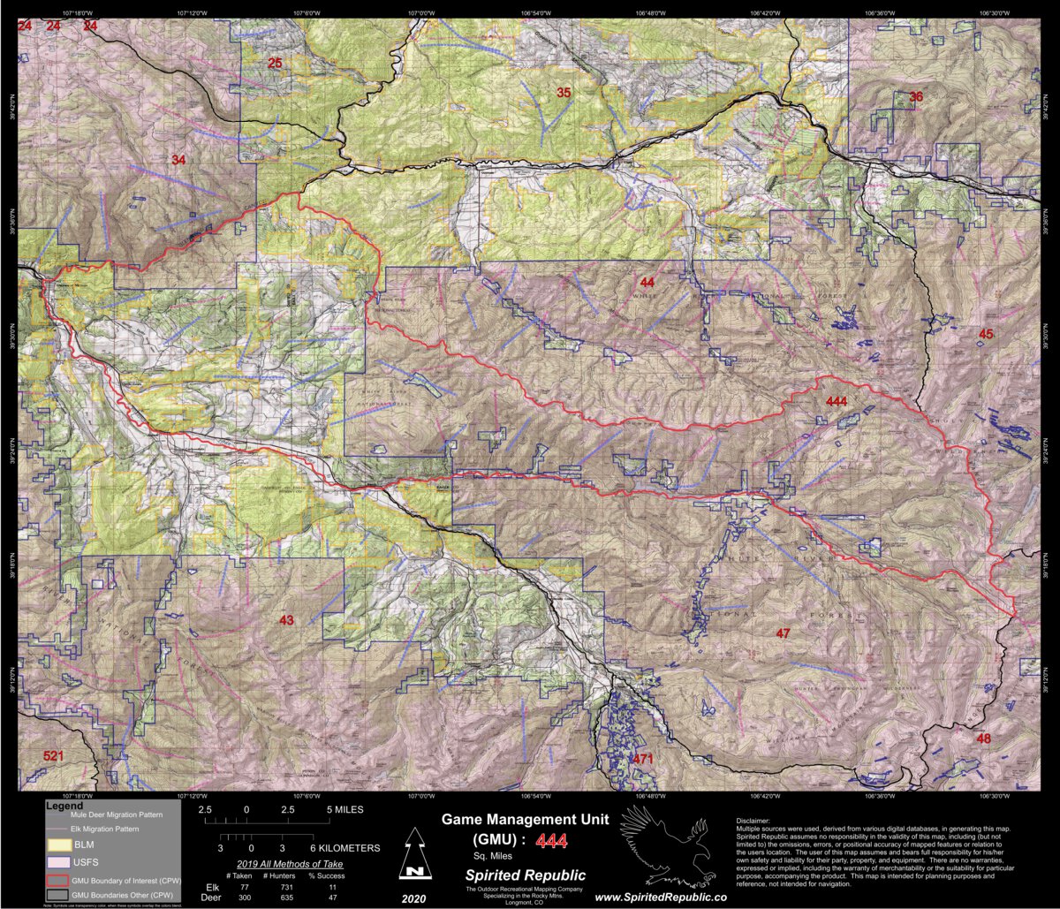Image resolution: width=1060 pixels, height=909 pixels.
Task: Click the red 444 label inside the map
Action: point(837,402)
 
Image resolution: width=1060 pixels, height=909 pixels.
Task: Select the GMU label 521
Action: point(54,756)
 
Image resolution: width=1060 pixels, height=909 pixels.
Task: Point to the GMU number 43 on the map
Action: point(285,620)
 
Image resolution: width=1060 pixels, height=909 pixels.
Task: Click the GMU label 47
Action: point(783,633)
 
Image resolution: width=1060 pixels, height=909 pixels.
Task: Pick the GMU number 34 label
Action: point(178,160)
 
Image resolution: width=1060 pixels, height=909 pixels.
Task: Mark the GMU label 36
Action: point(916,96)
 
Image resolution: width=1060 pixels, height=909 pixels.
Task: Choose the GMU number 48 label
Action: point(984,739)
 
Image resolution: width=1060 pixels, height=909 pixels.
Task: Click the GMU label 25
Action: point(275,63)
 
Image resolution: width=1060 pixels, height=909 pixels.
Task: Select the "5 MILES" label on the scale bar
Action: point(345,809)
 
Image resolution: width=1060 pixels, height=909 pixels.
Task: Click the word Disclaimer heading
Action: point(753,821)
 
